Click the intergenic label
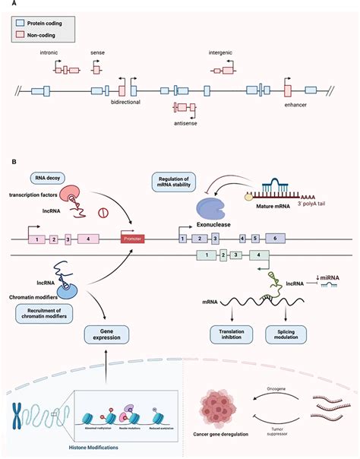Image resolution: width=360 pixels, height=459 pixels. [x=223, y=54]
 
